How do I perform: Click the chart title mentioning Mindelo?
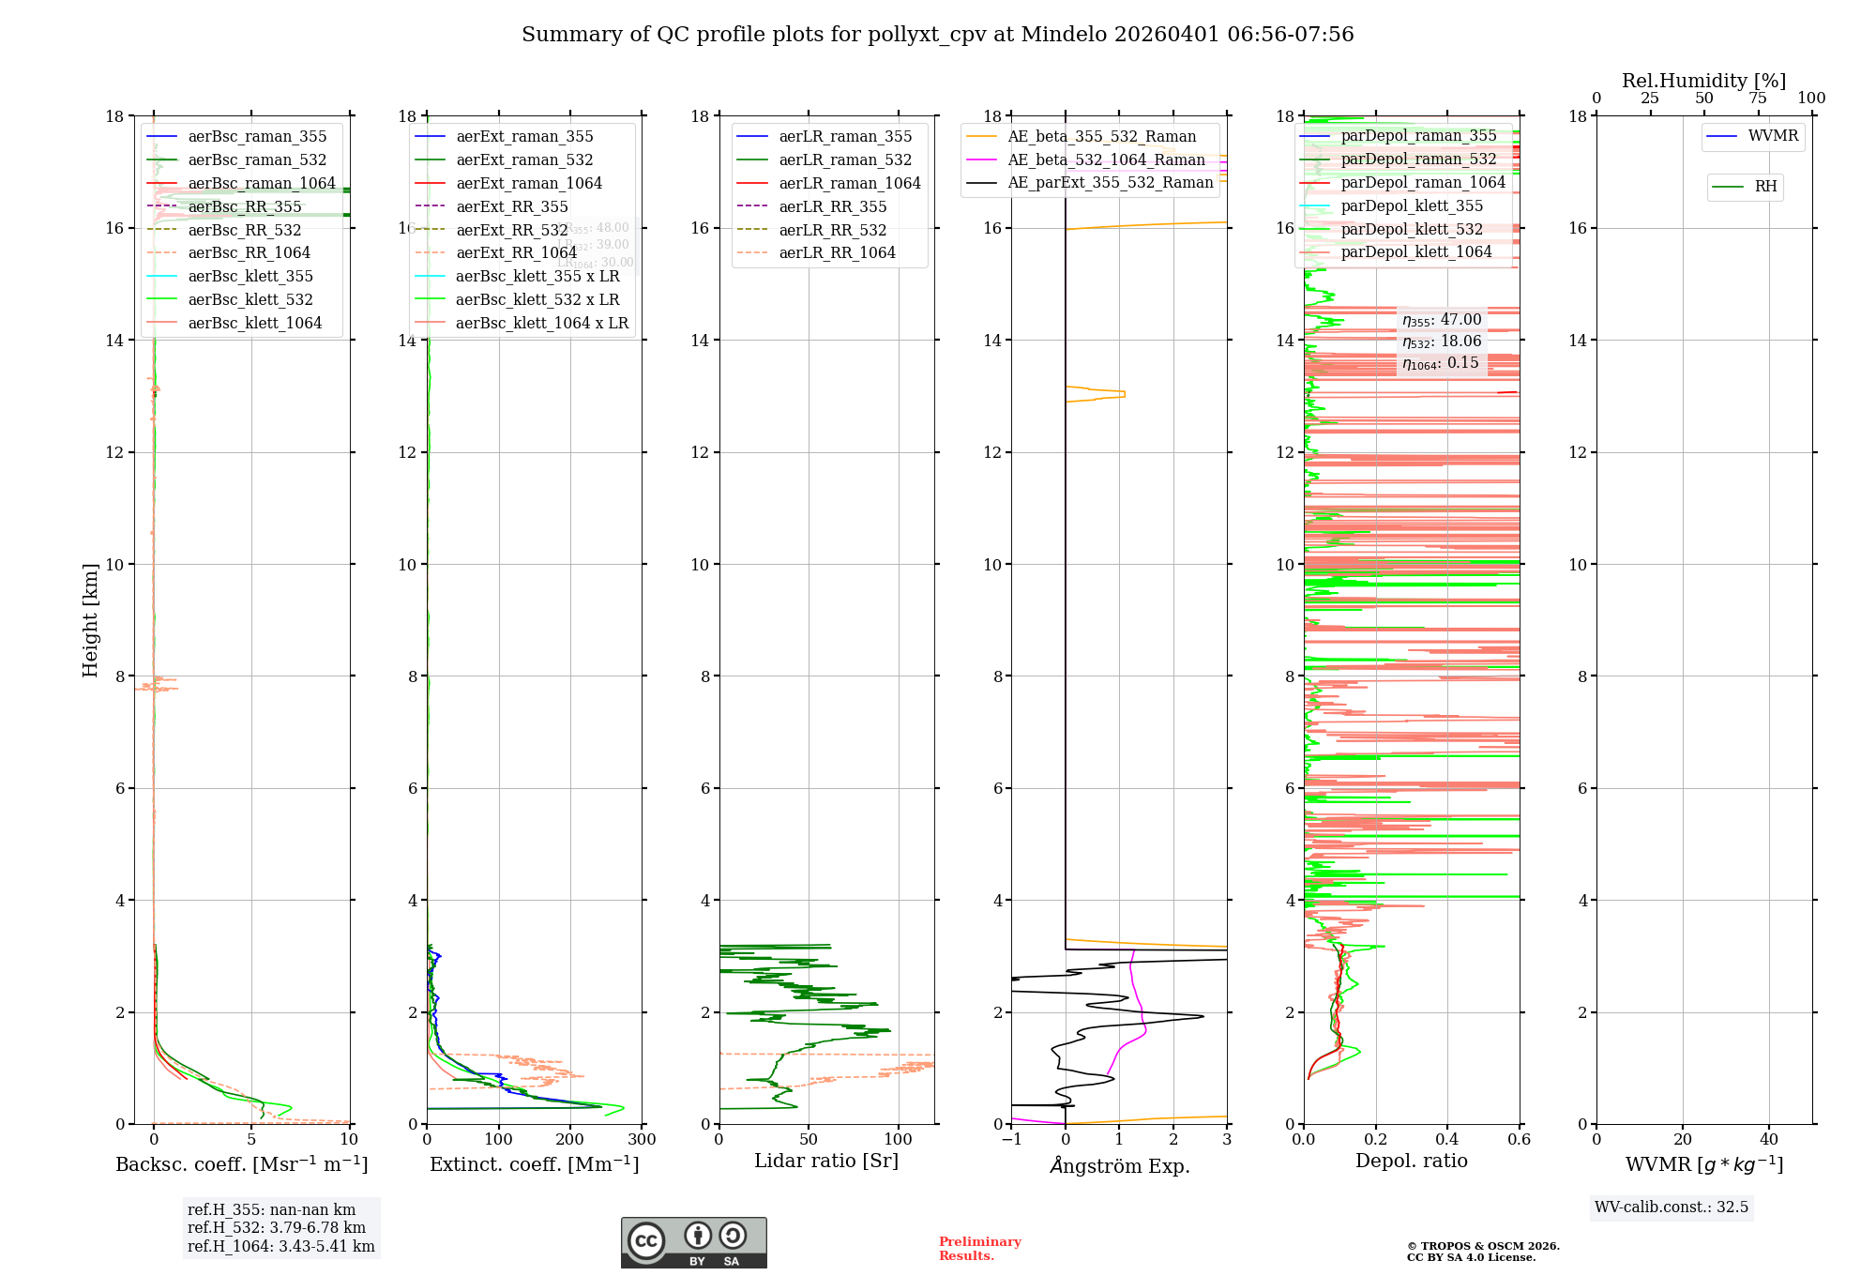[x=937, y=35]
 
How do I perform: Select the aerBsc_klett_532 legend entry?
[x=250, y=300]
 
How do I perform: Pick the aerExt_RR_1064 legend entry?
[x=516, y=253]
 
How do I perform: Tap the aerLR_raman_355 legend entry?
[x=844, y=137]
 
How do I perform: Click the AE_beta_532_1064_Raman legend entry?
[x=1106, y=160]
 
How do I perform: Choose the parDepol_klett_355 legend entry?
[x=1412, y=206]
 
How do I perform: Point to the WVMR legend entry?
[x=1773, y=136]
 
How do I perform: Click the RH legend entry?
[x=1765, y=187]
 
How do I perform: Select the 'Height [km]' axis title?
[x=90, y=620]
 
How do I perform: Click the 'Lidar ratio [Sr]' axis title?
[x=826, y=1162]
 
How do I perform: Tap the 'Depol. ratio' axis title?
[x=1411, y=1162]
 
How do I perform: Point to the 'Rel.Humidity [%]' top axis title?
[x=1703, y=82]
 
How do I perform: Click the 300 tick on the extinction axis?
[x=642, y=1140]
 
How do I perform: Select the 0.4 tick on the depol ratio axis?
[x=1447, y=1140]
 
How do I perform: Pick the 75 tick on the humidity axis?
[x=1757, y=99]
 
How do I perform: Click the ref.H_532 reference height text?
[x=277, y=1228]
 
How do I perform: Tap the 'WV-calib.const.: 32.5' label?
[x=1672, y=1208]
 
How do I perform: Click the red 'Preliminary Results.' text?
[x=979, y=1249]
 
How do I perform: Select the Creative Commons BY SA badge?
[x=693, y=1243]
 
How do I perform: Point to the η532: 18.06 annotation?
[x=1442, y=342]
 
